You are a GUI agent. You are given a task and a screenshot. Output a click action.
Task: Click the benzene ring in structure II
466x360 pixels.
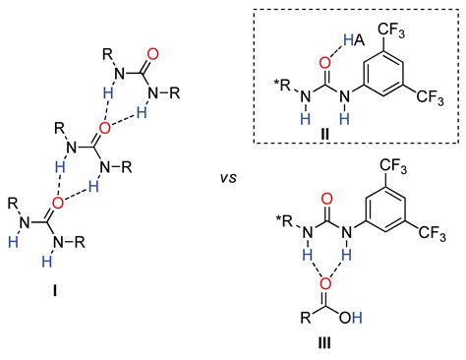(x=392, y=75)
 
